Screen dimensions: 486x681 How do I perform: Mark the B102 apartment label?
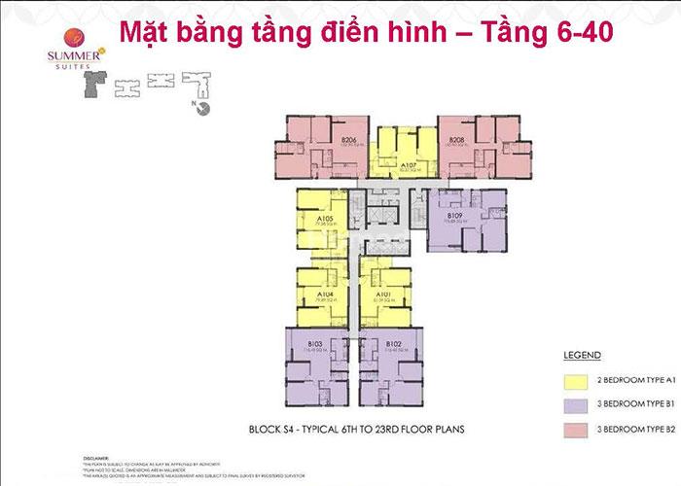coord(392,343)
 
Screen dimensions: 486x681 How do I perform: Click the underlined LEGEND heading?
coord(581,356)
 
